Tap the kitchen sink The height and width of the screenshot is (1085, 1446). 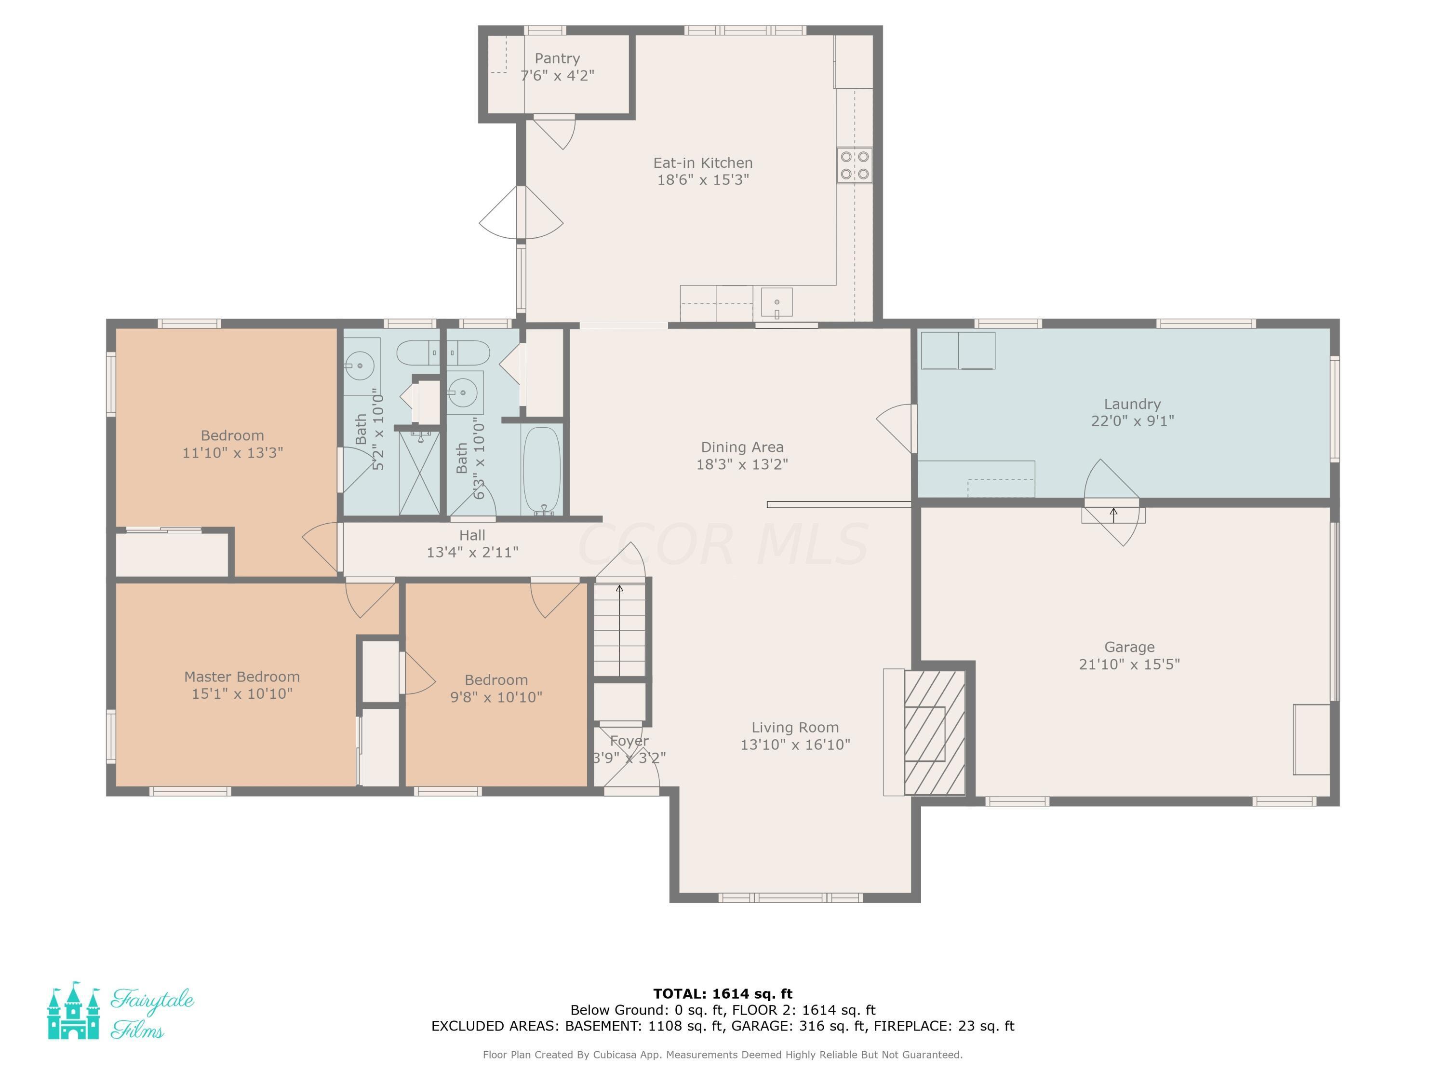[x=777, y=303]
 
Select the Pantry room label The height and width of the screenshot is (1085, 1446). [x=557, y=58]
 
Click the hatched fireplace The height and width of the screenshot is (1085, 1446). [x=934, y=732]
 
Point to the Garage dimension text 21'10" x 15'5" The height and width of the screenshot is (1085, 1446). [x=1129, y=664]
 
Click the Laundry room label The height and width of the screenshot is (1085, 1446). [x=1132, y=404]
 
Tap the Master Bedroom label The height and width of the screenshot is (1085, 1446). [x=242, y=676]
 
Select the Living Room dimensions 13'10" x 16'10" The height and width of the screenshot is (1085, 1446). [x=795, y=744]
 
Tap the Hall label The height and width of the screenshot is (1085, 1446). [x=472, y=535]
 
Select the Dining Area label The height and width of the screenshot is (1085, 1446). [x=742, y=448]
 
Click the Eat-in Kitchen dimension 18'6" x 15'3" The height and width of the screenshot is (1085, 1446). [x=703, y=179]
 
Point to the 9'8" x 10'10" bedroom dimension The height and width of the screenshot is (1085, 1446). [x=496, y=697]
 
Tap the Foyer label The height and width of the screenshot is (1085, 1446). [x=629, y=741]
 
